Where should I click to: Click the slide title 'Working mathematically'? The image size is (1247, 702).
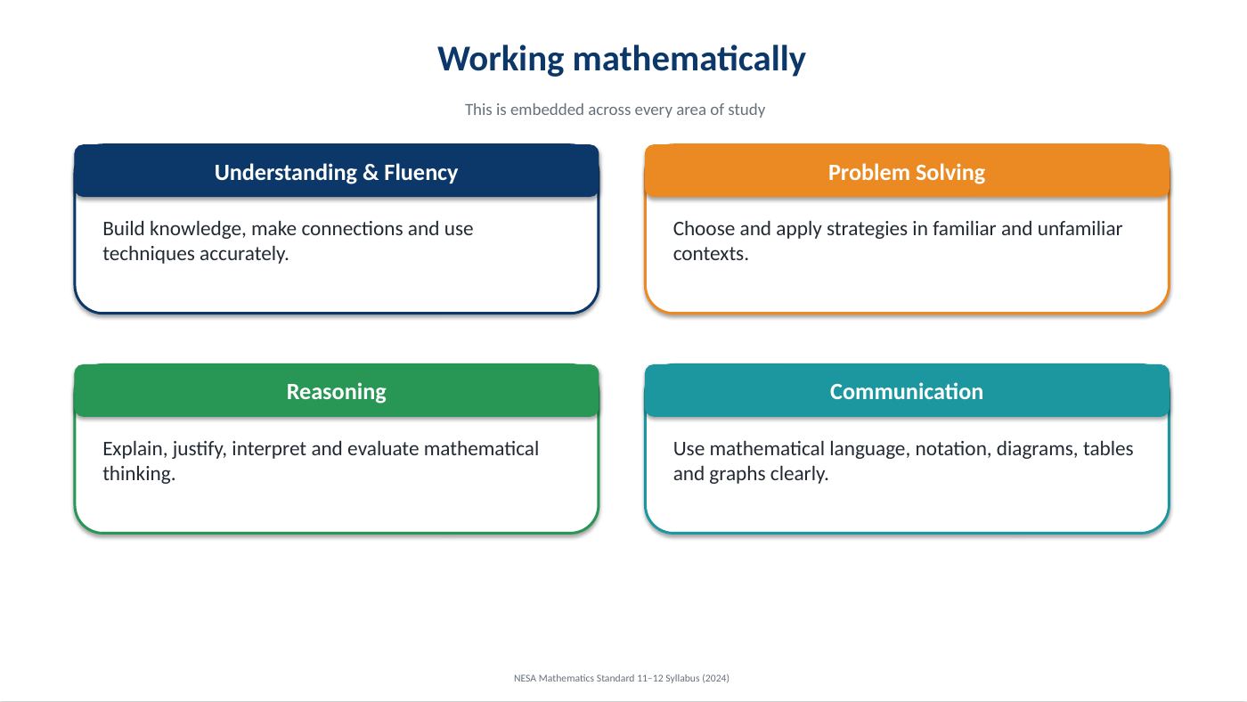pos(622,60)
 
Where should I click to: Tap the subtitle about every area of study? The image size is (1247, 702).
pos(615,110)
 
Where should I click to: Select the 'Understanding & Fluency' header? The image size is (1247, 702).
pos(337,172)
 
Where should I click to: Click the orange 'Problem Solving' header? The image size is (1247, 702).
pos(907,172)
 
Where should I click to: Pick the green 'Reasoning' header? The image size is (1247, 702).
pos(337,391)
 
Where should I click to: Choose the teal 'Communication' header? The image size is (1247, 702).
pos(907,391)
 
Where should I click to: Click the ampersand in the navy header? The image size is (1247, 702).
pos(371,173)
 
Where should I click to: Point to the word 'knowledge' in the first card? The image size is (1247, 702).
pos(198,229)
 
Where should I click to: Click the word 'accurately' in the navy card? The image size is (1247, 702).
pos(244,255)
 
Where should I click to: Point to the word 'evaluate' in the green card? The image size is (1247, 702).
pos(383,449)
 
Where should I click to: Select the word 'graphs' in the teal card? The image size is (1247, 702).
pos(738,474)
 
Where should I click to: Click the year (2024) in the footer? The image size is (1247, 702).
pos(715,678)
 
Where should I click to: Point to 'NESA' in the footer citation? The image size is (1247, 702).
pos(525,678)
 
